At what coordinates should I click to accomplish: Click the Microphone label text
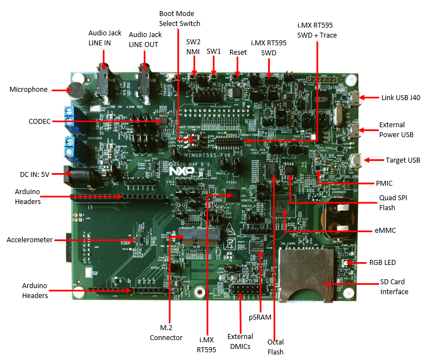[x=29, y=89]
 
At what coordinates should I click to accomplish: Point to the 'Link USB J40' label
[x=401, y=97]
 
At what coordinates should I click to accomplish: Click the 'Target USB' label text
[x=402, y=160]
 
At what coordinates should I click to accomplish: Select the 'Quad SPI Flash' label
[x=394, y=203]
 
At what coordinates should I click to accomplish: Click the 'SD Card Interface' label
[x=394, y=287]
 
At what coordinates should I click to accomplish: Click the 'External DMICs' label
[x=240, y=341]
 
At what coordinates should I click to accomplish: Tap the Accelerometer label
[x=30, y=239]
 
